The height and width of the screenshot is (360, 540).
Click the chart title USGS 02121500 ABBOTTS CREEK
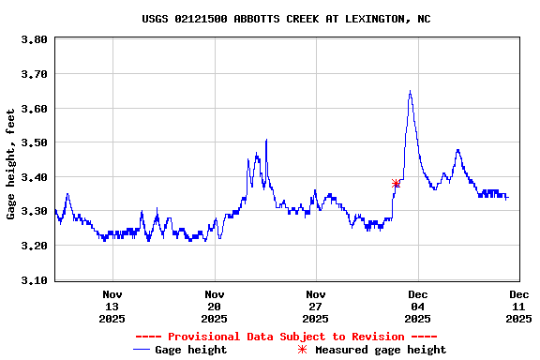tap(286, 19)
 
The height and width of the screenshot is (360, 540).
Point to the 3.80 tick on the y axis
tap(34, 40)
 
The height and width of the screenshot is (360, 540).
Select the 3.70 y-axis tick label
tap(34, 74)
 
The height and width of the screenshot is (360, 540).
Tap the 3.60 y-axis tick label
tap(34, 109)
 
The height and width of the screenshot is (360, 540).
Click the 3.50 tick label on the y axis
tap(34, 143)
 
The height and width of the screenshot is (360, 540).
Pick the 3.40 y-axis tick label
tap(34, 177)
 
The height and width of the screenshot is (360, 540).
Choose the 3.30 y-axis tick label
tap(34, 212)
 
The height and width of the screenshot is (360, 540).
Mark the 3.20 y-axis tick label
tap(34, 246)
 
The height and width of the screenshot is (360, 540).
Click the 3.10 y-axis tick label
tap(34, 280)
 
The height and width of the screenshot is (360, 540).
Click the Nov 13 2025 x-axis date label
tap(112, 306)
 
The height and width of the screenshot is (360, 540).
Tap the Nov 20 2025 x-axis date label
tap(214, 306)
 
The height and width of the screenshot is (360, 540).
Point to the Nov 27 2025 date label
tap(316, 306)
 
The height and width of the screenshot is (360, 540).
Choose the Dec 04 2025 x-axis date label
tap(417, 306)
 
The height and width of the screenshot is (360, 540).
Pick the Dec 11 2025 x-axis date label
tap(518, 306)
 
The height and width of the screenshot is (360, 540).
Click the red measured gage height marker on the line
tap(396, 183)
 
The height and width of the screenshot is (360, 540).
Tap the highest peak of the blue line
tap(410, 91)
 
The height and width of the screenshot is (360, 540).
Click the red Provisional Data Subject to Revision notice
tap(286, 336)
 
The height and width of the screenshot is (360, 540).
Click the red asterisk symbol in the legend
tap(302, 350)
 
